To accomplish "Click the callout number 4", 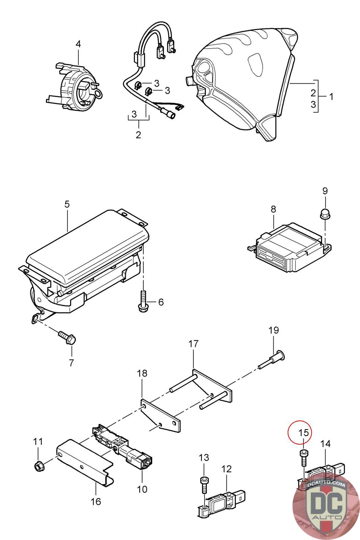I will pos(78,44).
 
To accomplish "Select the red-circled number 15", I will pos(304,432).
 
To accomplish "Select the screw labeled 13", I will pos(204,482).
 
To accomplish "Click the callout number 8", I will pos(273,209).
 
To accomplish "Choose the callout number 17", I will pos(193,344).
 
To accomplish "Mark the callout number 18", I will pos(142,373).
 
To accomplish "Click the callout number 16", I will pos(96,501).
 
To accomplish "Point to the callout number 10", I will pos(142,489).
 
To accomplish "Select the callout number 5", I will pos(67,204).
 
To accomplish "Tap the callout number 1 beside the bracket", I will pos(331,97).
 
